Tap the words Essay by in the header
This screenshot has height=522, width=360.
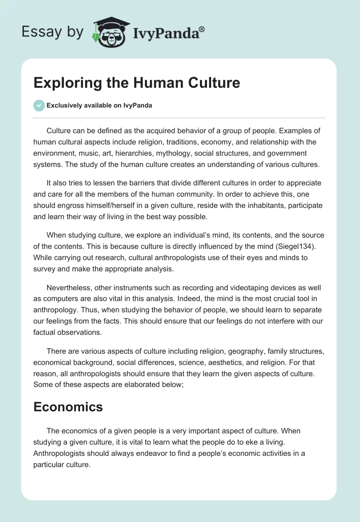tap(52, 32)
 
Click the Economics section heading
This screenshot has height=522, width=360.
tap(68, 407)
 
